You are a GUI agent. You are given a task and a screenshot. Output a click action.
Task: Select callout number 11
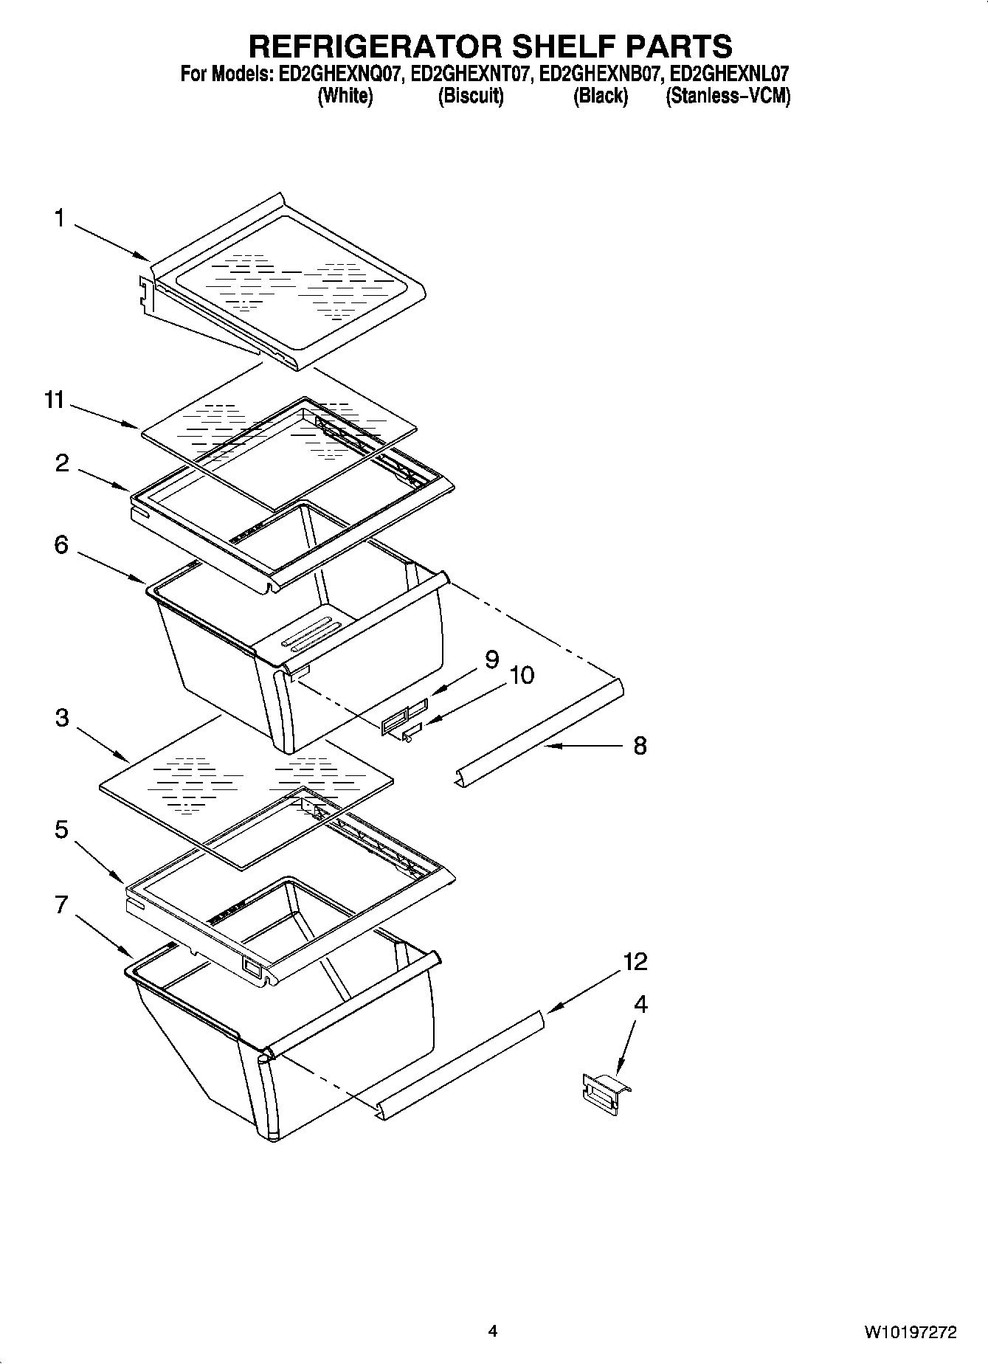(55, 401)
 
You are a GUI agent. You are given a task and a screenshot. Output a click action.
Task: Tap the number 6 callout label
(61, 544)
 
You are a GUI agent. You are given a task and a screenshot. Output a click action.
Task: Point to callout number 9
(491, 659)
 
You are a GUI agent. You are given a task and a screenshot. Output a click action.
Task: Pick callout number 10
(522, 675)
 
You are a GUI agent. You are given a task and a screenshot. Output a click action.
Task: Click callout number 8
(640, 745)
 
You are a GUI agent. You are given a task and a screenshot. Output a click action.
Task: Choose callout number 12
(635, 961)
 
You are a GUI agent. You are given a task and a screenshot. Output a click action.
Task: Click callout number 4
(640, 1004)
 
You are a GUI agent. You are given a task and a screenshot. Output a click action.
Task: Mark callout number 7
(61, 904)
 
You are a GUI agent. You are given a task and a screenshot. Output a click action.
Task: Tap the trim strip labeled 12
(465, 1062)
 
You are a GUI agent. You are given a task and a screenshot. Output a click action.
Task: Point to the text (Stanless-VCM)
(728, 97)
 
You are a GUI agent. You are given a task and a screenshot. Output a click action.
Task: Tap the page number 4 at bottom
(492, 1331)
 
